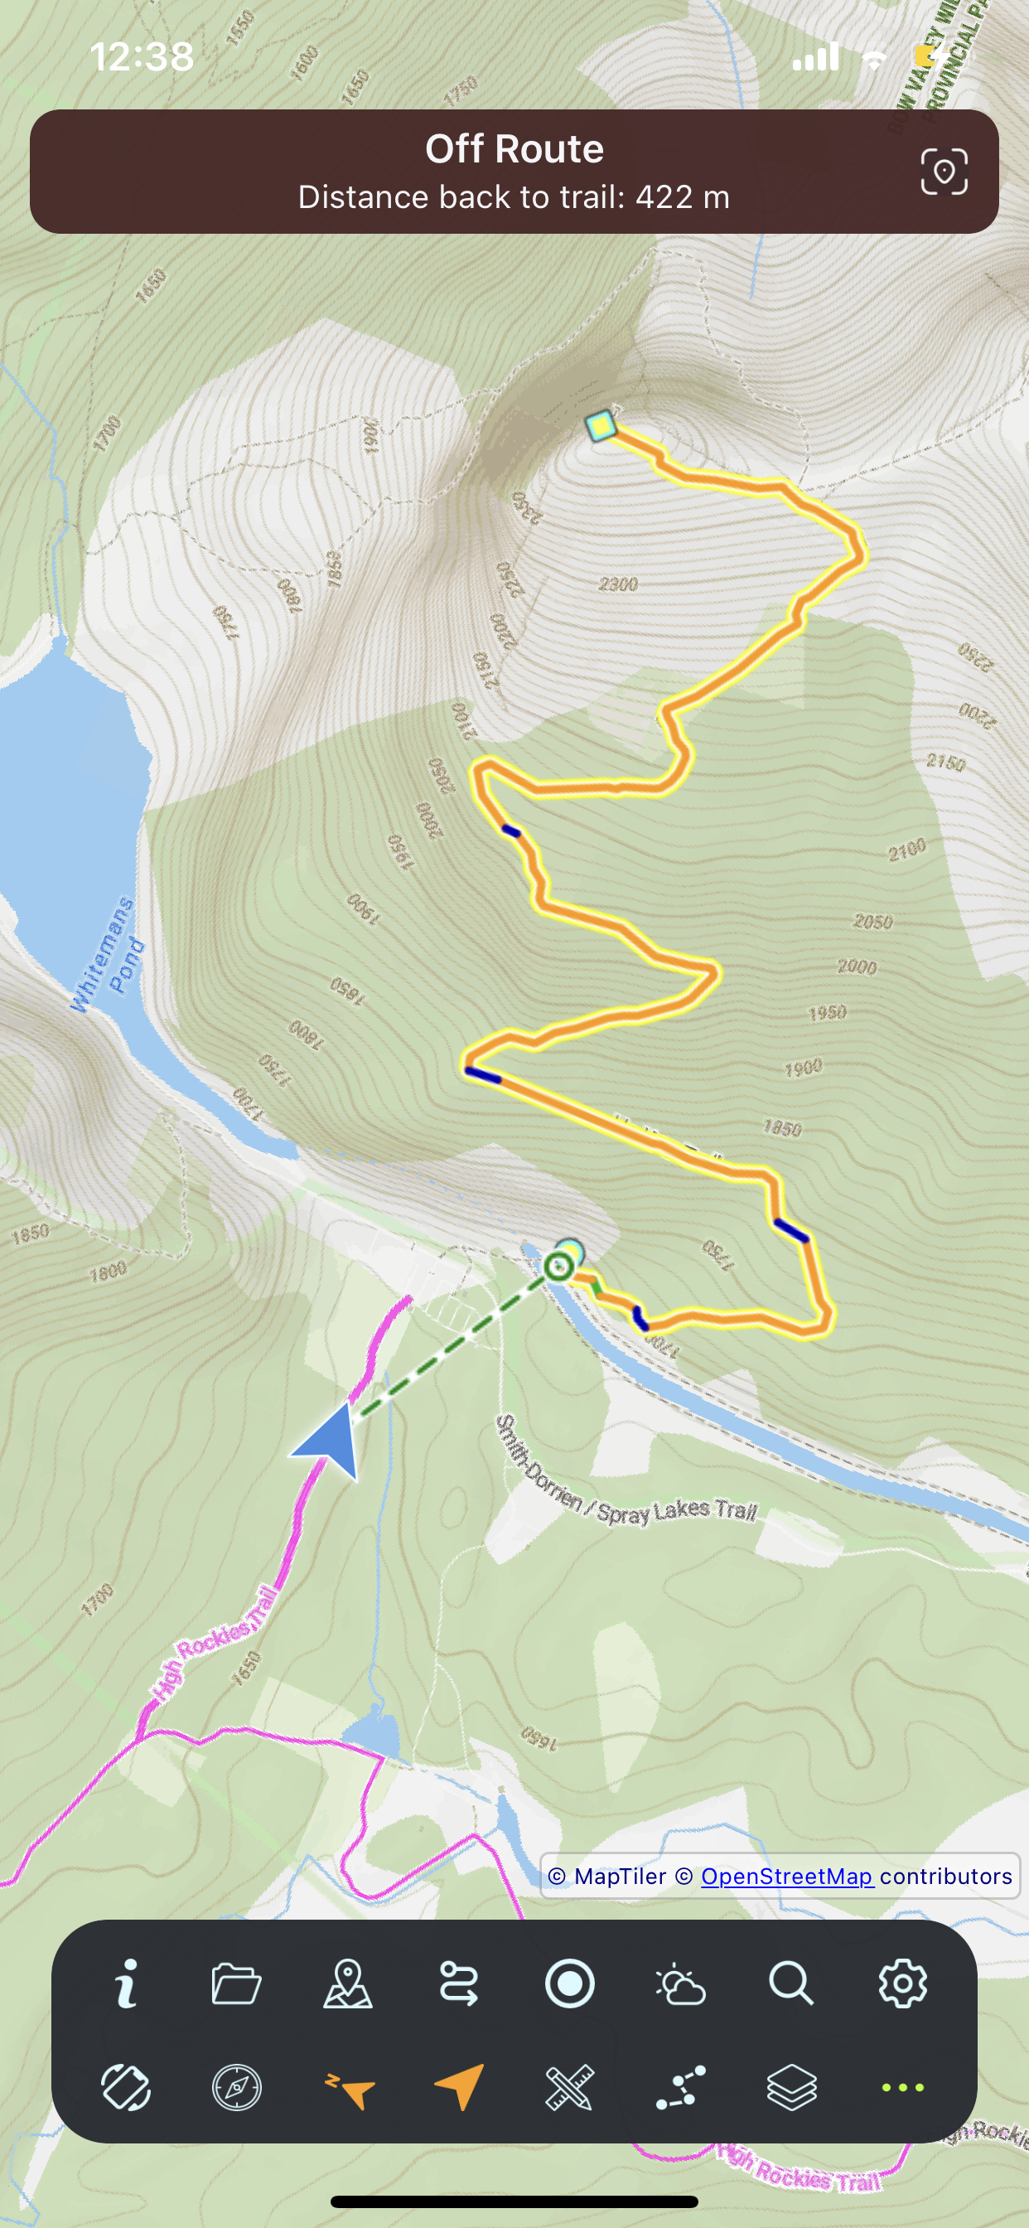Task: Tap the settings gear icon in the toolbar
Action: pyautogui.click(x=902, y=1983)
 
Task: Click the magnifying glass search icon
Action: pyautogui.click(x=790, y=1983)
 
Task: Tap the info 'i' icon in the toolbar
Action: pyautogui.click(x=126, y=1983)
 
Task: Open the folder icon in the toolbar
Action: pyautogui.click(x=236, y=1983)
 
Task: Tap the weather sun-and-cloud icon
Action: pyautogui.click(x=680, y=1983)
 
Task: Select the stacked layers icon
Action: pyautogui.click(x=791, y=2088)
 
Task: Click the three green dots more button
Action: pyautogui.click(x=902, y=2088)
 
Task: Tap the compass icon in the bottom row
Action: pyautogui.click(x=237, y=2088)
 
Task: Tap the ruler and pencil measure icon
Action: pyautogui.click(x=570, y=2088)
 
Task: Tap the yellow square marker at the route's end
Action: pyautogui.click(x=600, y=426)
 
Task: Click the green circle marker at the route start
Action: pyautogui.click(x=558, y=1268)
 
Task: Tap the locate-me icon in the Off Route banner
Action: pyautogui.click(x=944, y=172)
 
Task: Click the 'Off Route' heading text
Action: pyautogui.click(x=514, y=148)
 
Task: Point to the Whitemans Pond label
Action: pyautogui.click(x=107, y=956)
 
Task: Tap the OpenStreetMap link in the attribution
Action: pyautogui.click(x=786, y=1876)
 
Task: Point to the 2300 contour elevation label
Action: pyautogui.click(x=618, y=584)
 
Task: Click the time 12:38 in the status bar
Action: pyautogui.click(x=142, y=57)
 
